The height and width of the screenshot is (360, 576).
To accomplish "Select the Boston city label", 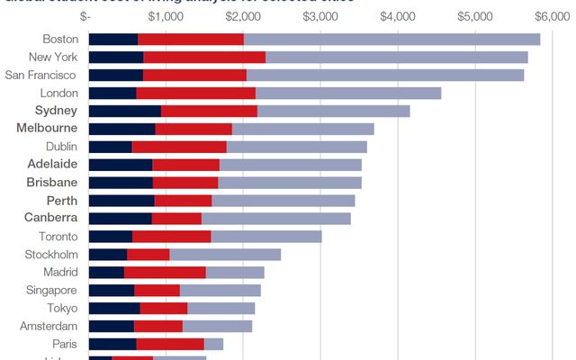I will [60, 39].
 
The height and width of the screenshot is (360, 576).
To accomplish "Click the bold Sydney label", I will [56, 111].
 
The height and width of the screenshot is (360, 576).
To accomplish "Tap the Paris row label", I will [64, 344].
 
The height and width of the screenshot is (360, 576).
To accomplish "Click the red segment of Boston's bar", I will [191, 39].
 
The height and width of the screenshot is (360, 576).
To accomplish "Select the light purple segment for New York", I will [396, 57].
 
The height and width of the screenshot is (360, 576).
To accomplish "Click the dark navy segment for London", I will [112, 93].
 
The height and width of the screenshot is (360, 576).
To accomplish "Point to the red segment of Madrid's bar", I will [165, 272].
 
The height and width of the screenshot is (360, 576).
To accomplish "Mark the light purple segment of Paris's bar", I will [213, 344].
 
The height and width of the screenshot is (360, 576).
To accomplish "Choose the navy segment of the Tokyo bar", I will [114, 308].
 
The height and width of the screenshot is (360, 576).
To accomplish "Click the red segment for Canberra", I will [176, 218].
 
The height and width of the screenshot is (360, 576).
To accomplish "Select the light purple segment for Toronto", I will [266, 236].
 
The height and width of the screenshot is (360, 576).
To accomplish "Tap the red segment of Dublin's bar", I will [179, 147].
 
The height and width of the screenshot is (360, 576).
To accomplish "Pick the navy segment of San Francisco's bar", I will [116, 75].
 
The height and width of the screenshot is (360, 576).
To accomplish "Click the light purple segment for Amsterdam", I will [217, 326].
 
